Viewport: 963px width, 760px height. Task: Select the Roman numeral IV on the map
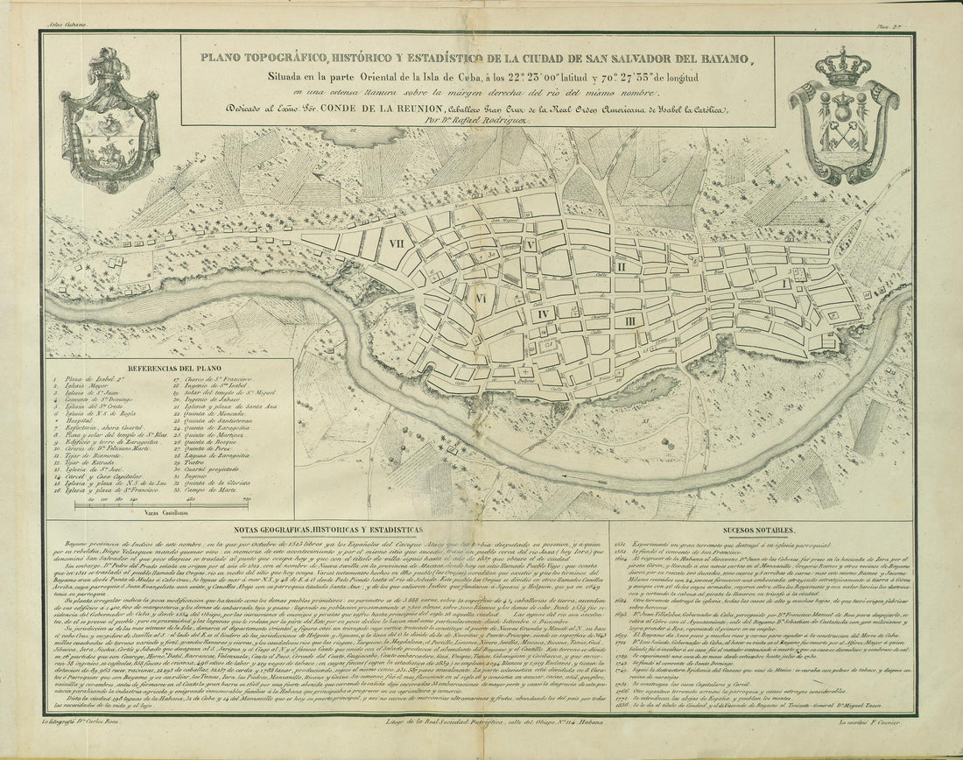click(543, 313)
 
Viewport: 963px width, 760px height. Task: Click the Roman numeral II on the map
click(621, 266)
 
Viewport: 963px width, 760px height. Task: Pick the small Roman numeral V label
click(531, 245)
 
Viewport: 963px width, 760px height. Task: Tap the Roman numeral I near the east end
click(785, 283)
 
